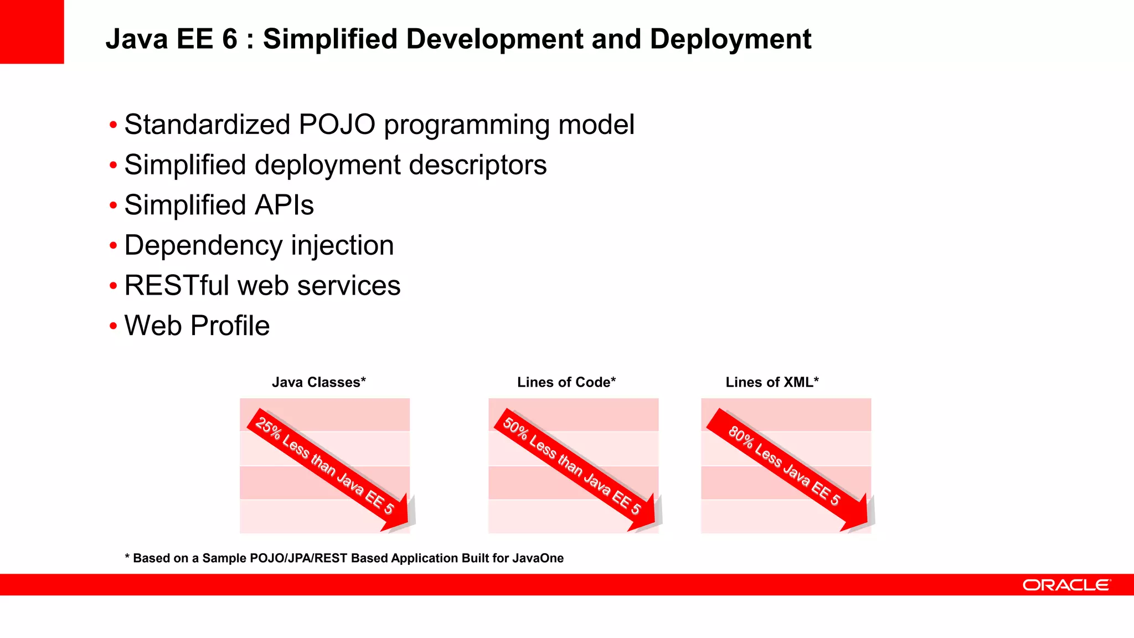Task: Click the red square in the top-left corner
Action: point(32,32)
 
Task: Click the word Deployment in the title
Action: point(730,39)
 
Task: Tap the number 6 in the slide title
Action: point(230,39)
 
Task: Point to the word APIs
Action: point(284,205)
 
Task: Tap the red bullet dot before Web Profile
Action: point(114,326)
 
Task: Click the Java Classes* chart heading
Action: point(318,382)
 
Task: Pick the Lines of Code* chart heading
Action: point(566,382)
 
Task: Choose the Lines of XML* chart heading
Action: point(772,382)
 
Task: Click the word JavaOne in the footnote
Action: point(538,558)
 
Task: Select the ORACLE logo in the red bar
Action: point(1066,585)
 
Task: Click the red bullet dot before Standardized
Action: point(114,125)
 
